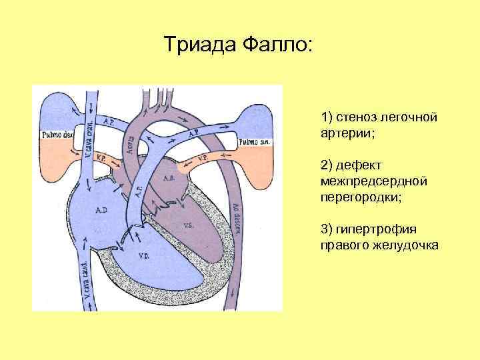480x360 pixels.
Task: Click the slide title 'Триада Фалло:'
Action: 237,45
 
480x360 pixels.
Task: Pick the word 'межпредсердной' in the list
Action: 364,181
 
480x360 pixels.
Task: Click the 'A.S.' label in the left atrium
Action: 169,178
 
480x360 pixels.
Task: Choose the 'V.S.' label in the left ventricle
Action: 189,225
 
